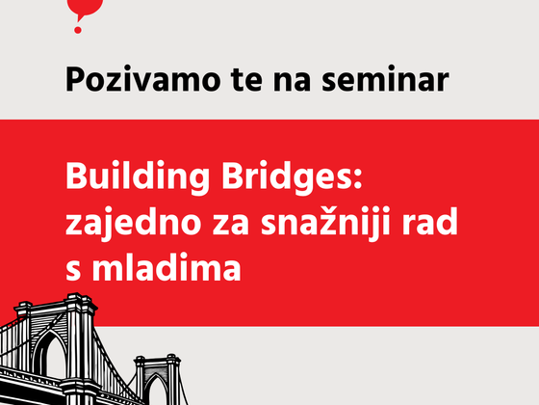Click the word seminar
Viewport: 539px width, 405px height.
[x=385, y=79]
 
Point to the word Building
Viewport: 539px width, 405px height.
[x=137, y=176]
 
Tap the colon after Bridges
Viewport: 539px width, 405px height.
[x=357, y=178]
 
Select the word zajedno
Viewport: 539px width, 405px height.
[x=134, y=222]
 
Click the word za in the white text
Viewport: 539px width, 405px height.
[x=230, y=226]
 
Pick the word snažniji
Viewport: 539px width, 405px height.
[x=325, y=222]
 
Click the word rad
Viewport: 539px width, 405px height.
[x=429, y=221]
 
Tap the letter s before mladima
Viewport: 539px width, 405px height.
[x=73, y=271]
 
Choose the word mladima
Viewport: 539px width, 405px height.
[x=167, y=266]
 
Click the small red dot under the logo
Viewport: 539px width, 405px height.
[x=78, y=30]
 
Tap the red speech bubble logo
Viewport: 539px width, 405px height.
[x=86, y=10]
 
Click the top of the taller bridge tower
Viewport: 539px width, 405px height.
[x=76, y=295]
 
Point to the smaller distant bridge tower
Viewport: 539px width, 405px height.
[x=158, y=380]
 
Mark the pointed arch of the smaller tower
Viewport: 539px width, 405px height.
[x=156, y=381]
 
